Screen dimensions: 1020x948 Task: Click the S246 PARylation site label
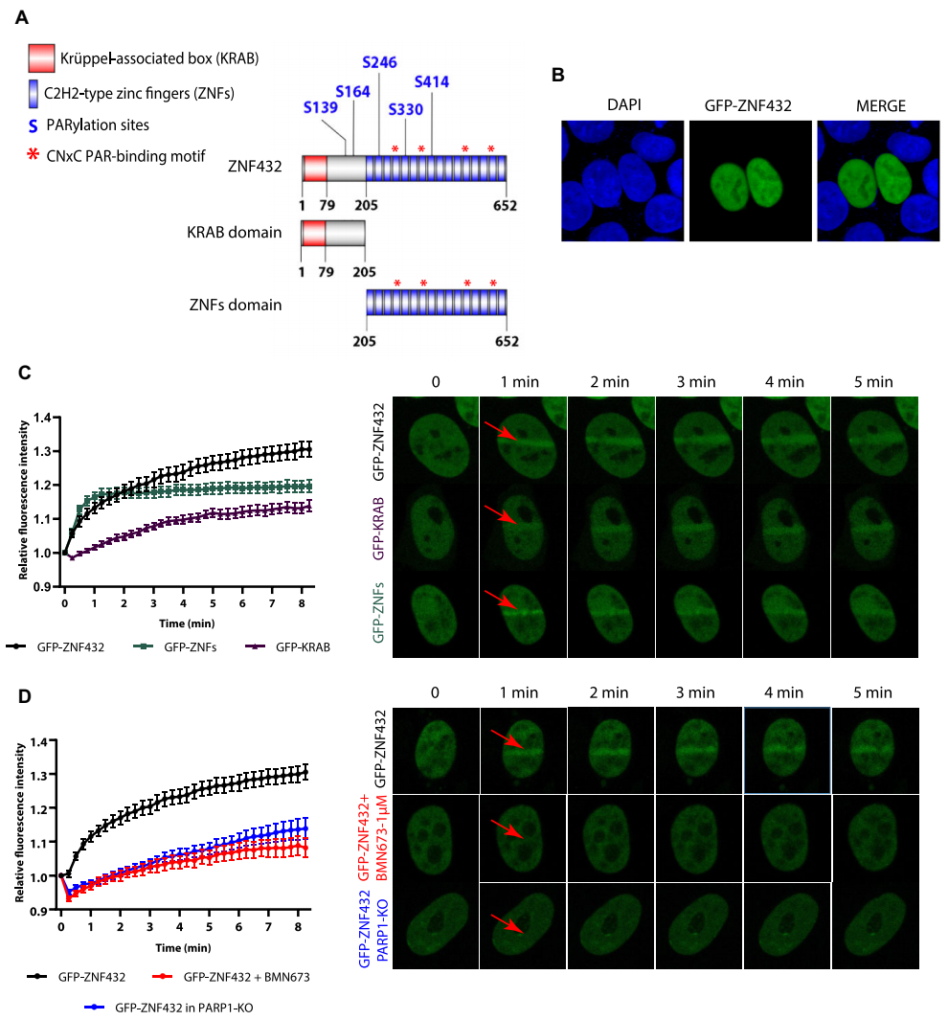coord(380,62)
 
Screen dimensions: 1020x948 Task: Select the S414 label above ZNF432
coord(432,82)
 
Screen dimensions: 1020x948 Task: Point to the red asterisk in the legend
coord(36,152)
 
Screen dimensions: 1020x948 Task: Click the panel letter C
coord(25,371)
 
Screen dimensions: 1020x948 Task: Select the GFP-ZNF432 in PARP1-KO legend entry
coord(177,1007)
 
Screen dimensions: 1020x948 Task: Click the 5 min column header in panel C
coord(872,381)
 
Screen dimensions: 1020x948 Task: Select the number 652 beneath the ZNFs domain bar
coord(507,342)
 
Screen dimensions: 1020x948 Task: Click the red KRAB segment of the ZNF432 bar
coord(314,169)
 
